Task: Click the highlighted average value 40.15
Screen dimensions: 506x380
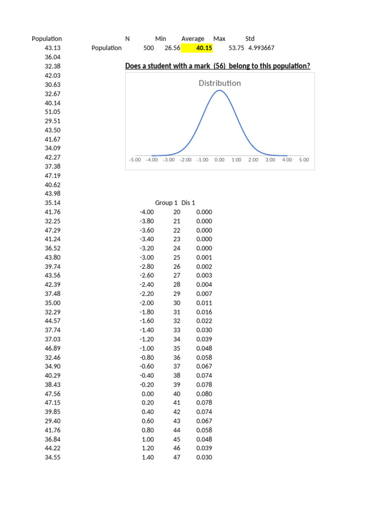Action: (x=204, y=48)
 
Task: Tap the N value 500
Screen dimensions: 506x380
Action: (x=148, y=48)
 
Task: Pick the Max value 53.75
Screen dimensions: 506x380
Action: (x=237, y=48)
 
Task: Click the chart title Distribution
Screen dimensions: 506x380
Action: (x=220, y=83)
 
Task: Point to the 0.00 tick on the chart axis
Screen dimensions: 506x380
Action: (x=219, y=160)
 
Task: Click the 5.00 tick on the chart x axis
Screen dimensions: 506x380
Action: (x=304, y=160)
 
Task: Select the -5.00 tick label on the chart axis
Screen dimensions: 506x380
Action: (x=135, y=160)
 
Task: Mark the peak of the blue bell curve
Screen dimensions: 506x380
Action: (x=220, y=91)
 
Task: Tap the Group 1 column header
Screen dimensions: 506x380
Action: (x=166, y=203)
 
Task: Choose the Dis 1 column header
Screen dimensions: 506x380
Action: (x=189, y=203)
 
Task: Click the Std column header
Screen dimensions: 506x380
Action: (x=250, y=39)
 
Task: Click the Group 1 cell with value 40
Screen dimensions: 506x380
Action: (x=177, y=394)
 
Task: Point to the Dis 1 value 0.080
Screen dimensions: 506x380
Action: (x=204, y=394)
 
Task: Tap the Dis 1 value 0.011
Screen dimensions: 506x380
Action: (x=204, y=303)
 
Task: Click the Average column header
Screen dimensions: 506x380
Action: (x=192, y=39)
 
